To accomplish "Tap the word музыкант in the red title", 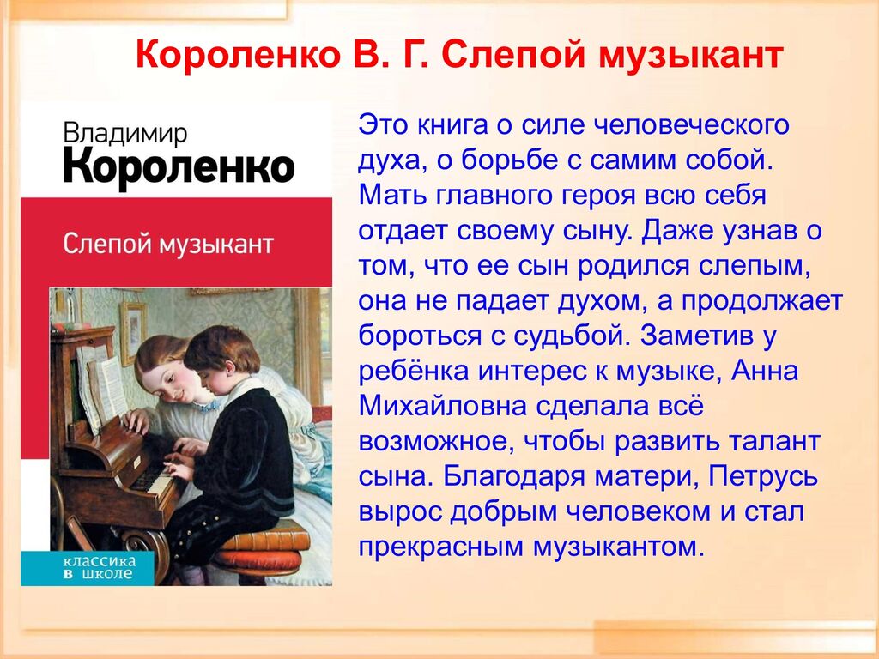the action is coord(691,55).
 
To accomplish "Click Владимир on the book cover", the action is coord(125,134).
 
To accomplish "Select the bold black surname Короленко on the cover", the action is coord(179,166).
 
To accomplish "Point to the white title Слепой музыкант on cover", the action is coord(168,245).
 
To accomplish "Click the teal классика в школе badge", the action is coord(99,568).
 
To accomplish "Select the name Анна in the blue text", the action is coord(765,371).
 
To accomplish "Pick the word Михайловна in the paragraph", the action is coord(442,406).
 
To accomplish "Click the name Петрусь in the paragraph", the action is coord(763,477).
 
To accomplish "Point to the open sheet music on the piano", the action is coord(104,387).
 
